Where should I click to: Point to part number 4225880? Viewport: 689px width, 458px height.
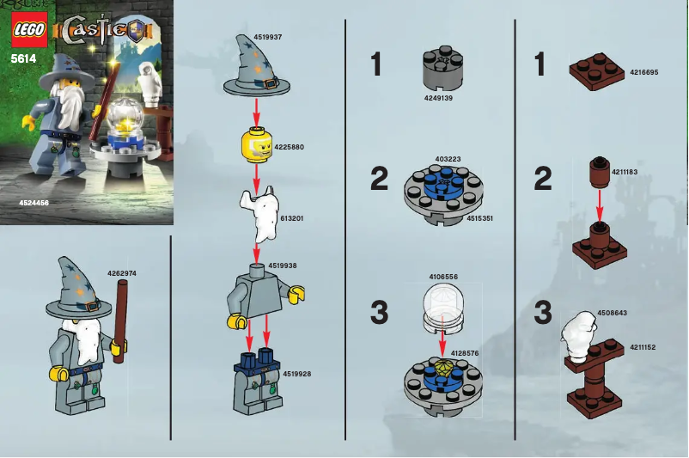tap(289, 147)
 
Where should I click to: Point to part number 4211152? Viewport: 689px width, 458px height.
tap(641, 347)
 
